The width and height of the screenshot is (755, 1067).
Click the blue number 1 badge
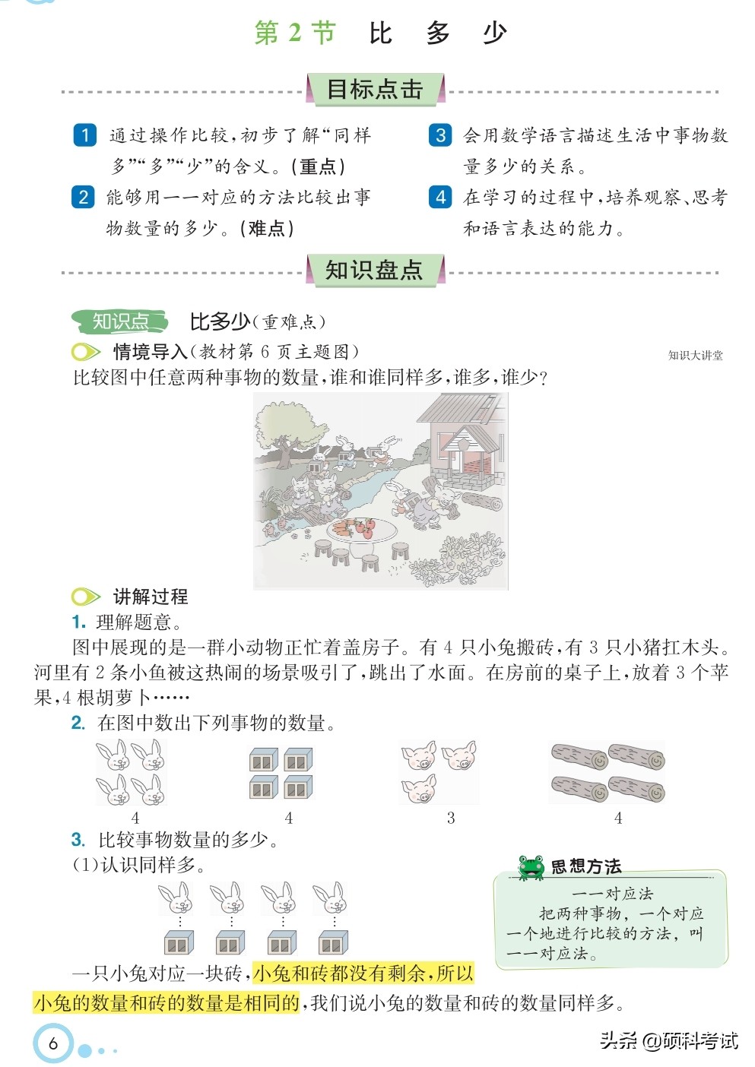coord(84,135)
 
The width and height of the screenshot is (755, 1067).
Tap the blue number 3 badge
coord(440,135)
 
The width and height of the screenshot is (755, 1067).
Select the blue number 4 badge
coord(440,197)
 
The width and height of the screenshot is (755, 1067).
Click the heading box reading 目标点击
coord(375,90)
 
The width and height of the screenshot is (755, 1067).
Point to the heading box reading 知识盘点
coord(374,271)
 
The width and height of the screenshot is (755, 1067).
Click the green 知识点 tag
coord(120,321)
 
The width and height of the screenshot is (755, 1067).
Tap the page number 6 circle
coord(53,1043)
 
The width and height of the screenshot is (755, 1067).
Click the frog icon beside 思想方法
coord(531,867)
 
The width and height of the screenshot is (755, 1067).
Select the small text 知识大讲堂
coord(695,355)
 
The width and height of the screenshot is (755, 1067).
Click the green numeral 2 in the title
coord(295,33)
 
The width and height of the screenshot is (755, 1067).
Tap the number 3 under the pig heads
coord(451,818)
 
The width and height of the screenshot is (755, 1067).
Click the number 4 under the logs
coord(618,818)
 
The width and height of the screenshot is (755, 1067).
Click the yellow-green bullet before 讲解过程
coord(85,597)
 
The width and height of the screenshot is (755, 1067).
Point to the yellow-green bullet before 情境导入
coord(85,352)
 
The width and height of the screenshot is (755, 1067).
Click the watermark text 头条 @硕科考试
coord(668,1040)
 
